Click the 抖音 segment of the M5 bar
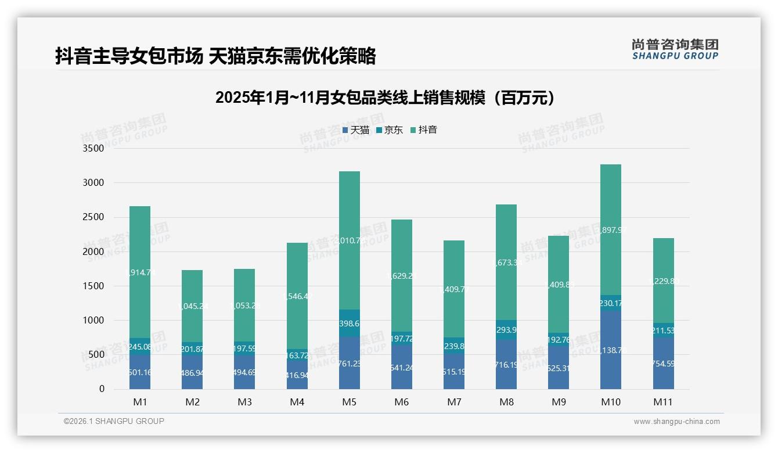coord(350,240)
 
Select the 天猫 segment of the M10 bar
coord(611,350)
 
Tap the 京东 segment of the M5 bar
coord(350,323)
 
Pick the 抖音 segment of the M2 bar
coord(192,306)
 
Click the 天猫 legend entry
coord(356,130)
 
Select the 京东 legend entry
coord(390,130)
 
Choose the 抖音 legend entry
coord(424,130)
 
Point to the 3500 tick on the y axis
coord(93,149)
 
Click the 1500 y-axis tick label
coord(93,286)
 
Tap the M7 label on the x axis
coord(455,402)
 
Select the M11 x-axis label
coord(663,402)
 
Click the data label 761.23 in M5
coord(350,364)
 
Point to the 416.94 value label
coord(297,376)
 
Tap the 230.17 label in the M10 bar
coord(611,303)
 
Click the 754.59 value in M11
coord(663,364)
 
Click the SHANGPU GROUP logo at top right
coord(675,49)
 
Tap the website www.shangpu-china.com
coord(676,422)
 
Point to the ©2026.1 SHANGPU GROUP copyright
coord(114,421)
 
